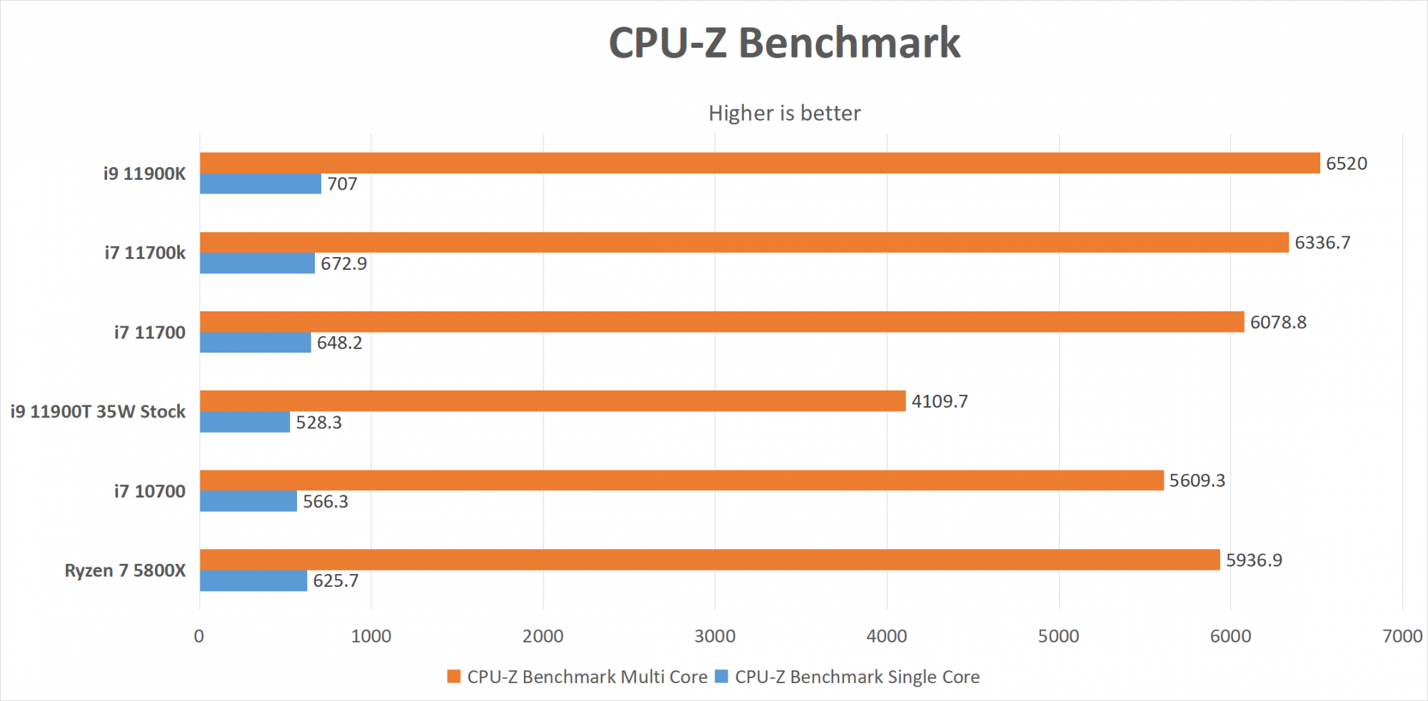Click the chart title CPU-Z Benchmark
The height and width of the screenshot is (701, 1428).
pos(784,43)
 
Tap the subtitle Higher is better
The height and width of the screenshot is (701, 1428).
pos(784,113)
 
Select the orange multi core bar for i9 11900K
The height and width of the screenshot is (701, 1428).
pos(759,163)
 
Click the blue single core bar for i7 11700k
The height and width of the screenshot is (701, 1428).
pos(257,263)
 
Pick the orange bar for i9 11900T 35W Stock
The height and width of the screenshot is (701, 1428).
pos(552,400)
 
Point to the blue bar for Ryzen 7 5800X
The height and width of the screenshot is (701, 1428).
pos(253,580)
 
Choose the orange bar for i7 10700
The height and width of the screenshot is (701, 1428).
pos(681,480)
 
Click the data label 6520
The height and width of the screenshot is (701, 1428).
pos(1346,163)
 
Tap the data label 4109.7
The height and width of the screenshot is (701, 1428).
pos(939,401)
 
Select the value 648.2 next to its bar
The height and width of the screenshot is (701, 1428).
pos(339,343)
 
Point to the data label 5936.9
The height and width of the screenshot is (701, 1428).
pos(1254,560)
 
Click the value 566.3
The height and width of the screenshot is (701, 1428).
pos(325,501)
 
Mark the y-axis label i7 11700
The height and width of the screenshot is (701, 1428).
pos(149,333)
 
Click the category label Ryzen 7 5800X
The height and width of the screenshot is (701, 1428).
pos(125,570)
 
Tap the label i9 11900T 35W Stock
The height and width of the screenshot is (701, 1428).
pos(98,412)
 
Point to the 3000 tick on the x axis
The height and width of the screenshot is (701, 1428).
pos(715,636)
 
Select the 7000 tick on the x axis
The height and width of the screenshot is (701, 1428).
pos(1402,636)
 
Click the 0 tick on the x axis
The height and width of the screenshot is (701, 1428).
pos(199,636)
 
